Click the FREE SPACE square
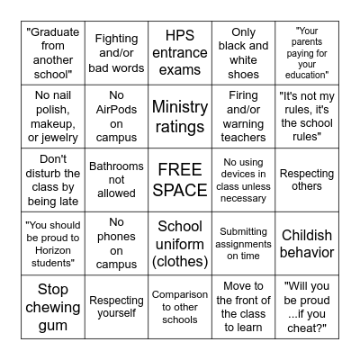tap(180, 180)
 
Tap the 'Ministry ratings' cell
tap(180, 116)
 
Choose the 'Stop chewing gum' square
tap(52, 307)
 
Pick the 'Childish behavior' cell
tap(307, 244)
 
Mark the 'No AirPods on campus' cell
tap(116, 116)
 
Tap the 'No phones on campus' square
tap(116, 244)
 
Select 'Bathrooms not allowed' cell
tap(116, 180)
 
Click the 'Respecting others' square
tap(307, 180)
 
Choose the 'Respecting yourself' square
tap(116, 307)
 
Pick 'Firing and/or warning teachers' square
tap(244, 116)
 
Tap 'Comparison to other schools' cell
tap(180, 307)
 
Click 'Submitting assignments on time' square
tap(244, 244)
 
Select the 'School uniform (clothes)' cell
tap(180, 244)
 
